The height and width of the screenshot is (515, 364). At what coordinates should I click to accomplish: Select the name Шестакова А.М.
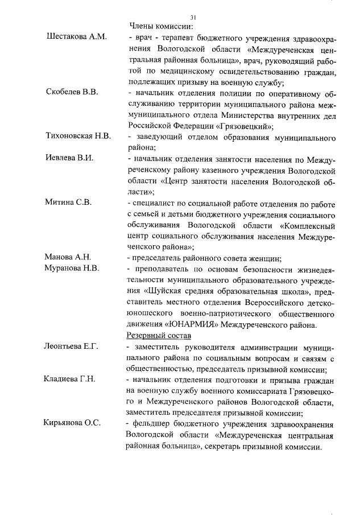(76, 37)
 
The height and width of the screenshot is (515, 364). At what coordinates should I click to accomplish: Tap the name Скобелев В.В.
(73, 92)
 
